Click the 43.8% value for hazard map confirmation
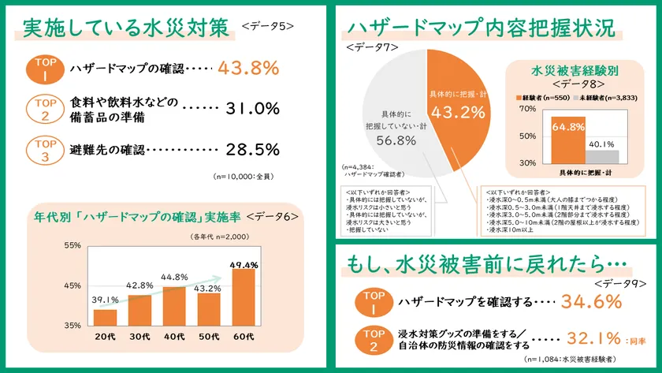pyautogui.click(x=248, y=69)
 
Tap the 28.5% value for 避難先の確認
pyautogui.click(x=253, y=149)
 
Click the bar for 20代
pyautogui.click(x=105, y=316)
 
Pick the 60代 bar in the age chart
pyautogui.click(x=244, y=297)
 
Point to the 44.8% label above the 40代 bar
pyautogui.click(x=174, y=277)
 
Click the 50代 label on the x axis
pyautogui.click(x=209, y=338)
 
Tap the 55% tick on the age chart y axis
pyautogui.click(x=72, y=245)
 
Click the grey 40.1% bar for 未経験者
pyautogui.click(x=601, y=155)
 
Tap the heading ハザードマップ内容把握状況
pyautogui.click(x=481, y=28)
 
